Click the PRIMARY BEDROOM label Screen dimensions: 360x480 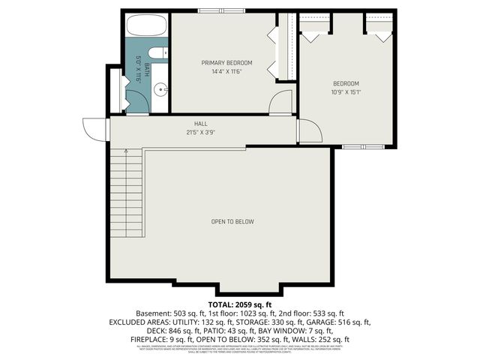point(226,62)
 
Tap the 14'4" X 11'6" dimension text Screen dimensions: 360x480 point(226,71)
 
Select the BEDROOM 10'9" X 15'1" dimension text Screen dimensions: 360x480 point(346,92)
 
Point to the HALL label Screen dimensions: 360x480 point(201,124)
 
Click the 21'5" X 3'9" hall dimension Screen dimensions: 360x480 point(201,133)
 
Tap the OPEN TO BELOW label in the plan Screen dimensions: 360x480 point(232,221)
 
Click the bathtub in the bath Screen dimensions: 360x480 point(147,26)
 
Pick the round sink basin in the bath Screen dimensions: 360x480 point(160,90)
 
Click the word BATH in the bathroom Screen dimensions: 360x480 point(146,71)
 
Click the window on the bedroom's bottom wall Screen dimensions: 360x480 point(353,147)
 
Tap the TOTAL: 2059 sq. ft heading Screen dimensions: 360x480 point(239,304)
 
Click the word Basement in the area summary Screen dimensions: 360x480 point(153,313)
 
